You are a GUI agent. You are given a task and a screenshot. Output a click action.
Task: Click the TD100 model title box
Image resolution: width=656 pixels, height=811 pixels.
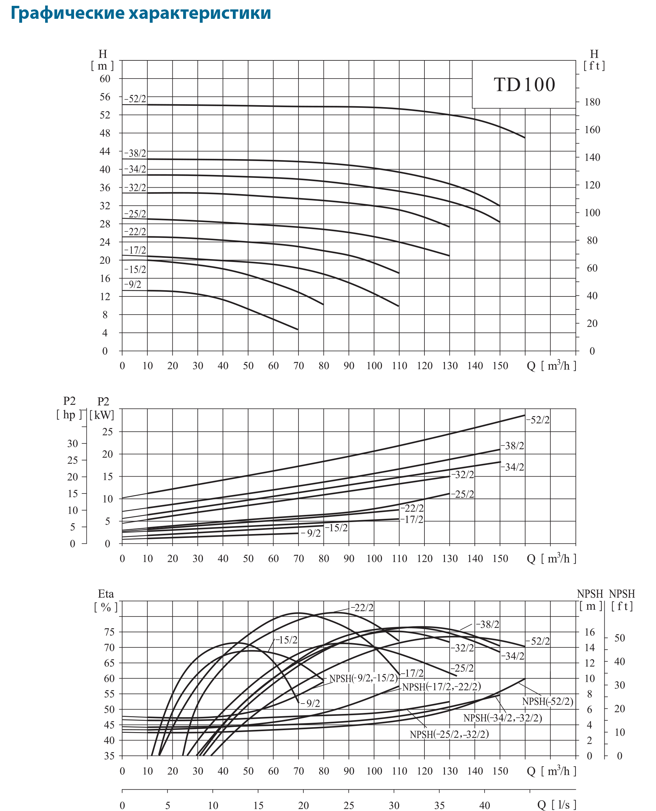(x=524, y=84)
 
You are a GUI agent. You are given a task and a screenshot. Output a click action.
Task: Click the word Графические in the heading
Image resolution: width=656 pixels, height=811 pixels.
(x=67, y=14)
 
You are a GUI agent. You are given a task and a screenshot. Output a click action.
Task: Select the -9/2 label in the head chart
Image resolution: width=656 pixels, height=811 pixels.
(x=132, y=284)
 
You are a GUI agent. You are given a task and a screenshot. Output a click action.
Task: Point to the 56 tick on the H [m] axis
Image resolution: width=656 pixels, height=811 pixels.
(x=105, y=97)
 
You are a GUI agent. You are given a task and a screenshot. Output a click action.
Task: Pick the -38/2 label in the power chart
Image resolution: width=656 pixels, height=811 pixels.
(x=513, y=446)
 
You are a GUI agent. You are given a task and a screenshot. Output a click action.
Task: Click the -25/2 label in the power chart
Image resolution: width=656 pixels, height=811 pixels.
(x=462, y=494)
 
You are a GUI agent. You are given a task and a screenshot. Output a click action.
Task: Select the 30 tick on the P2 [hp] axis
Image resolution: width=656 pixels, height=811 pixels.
(x=72, y=443)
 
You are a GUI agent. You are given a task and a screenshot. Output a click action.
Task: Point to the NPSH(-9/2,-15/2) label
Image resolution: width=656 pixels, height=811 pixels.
(x=363, y=679)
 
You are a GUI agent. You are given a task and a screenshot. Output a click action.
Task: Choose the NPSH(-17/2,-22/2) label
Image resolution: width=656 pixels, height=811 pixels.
(x=441, y=687)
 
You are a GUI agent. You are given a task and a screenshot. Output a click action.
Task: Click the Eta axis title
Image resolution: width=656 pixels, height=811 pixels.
(x=106, y=594)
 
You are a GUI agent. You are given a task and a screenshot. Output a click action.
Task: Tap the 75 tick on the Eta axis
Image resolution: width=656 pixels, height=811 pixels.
(x=108, y=632)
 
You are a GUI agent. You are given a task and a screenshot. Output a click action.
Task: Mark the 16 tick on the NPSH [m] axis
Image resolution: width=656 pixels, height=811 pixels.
(x=589, y=632)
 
